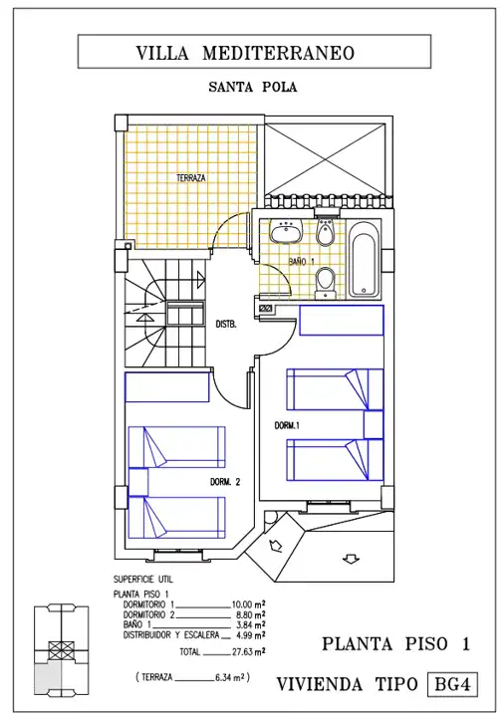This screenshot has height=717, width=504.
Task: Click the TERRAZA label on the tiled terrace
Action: [x=190, y=178]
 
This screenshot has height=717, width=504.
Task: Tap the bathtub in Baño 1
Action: [x=364, y=259]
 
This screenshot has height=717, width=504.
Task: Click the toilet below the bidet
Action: [x=325, y=283]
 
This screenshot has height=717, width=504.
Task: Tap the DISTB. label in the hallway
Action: [x=226, y=325]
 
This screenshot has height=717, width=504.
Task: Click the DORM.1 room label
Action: [x=287, y=425]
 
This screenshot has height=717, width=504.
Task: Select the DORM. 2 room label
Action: [x=225, y=482]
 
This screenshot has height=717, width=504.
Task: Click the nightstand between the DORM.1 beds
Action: [x=374, y=425]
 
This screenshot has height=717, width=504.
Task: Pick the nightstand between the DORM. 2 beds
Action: [x=138, y=482]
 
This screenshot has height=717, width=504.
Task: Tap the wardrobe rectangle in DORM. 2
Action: [x=167, y=387]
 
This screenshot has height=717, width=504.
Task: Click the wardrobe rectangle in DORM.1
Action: [x=342, y=320]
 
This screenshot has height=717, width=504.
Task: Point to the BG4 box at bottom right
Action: [x=452, y=684]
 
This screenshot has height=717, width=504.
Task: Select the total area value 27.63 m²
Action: [x=248, y=651]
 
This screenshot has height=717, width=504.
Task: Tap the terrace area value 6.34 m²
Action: [x=230, y=677]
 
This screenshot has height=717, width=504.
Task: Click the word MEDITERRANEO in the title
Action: [x=279, y=53]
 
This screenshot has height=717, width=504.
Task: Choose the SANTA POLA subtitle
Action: [x=253, y=87]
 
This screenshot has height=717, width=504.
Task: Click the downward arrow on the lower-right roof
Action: [x=351, y=559]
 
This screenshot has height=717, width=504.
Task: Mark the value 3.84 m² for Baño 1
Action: [x=251, y=625]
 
